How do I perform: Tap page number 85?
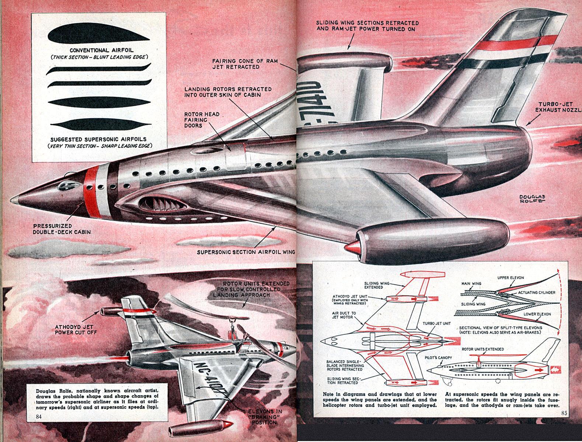tap(564, 413)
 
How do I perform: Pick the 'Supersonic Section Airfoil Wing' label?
tap(246, 252)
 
